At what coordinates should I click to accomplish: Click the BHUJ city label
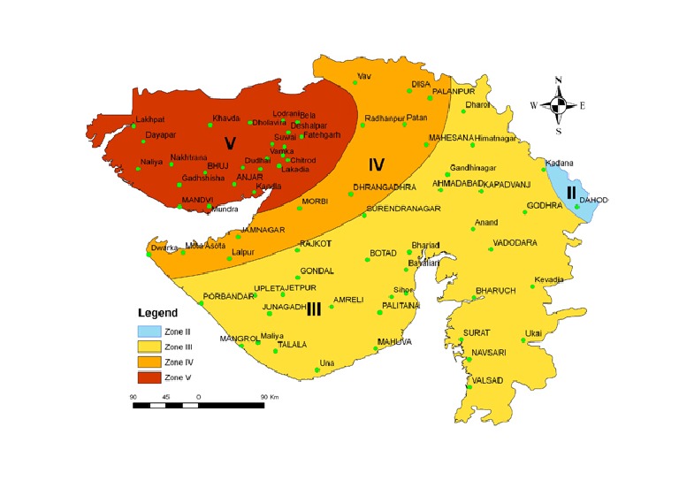click(x=217, y=165)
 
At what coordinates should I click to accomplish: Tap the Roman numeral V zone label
click(x=230, y=143)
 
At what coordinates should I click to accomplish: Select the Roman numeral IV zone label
click(x=377, y=164)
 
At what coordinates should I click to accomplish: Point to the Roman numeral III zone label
click(x=313, y=309)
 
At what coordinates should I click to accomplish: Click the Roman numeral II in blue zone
click(x=571, y=191)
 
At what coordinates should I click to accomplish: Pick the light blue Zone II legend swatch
click(x=150, y=331)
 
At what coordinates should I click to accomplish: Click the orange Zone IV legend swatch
click(x=150, y=361)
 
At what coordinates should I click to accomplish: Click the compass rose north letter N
click(x=558, y=80)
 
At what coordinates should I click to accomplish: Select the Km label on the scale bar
click(x=276, y=398)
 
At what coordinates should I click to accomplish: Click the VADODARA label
click(x=515, y=242)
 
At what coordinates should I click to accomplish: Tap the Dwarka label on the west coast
click(x=164, y=248)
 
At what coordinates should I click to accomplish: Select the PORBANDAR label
click(x=228, y=295)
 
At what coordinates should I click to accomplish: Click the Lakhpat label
click(x=150, y=118)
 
